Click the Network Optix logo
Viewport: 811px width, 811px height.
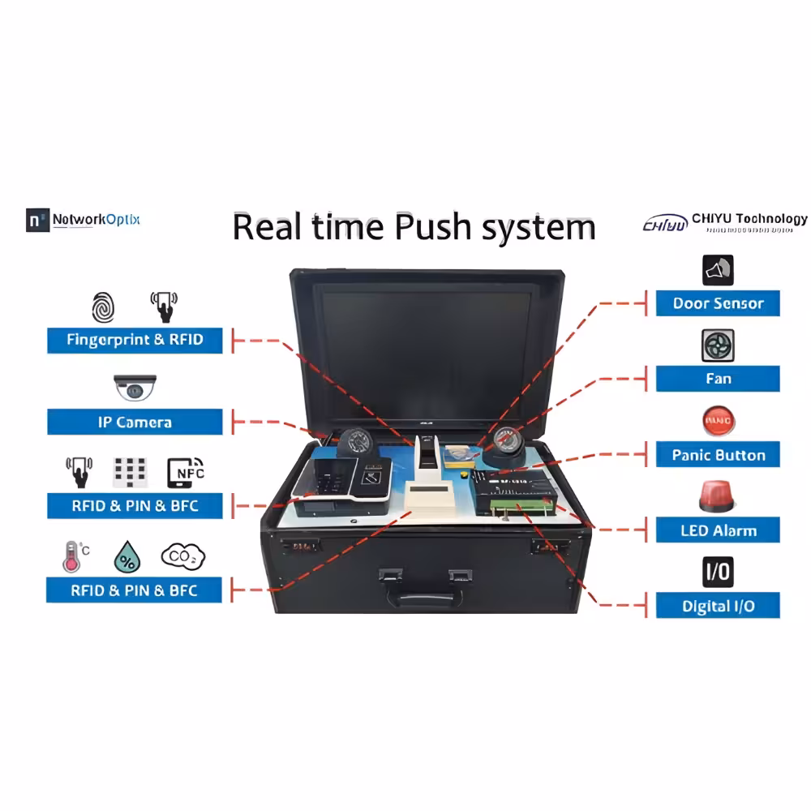[83, 220]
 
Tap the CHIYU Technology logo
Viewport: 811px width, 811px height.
[724, 221]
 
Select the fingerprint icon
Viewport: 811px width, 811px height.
[102, 309]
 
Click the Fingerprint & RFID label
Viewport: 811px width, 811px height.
[135, 340]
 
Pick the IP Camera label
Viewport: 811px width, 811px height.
[135, 423]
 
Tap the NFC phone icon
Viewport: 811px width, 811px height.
[186, 472]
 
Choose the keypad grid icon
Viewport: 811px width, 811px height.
[130, 473]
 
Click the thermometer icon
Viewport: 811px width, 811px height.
[72, 557]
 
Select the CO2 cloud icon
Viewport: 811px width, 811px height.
[183, 556]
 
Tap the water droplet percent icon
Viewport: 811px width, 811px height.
[126, 558]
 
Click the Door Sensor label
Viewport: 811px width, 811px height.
[718, 304]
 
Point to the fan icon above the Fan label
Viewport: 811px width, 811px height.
[718, 345]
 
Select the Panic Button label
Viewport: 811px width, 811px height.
[718, 455]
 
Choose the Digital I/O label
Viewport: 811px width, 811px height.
[718, 606]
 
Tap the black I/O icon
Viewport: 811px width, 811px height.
[718, 572]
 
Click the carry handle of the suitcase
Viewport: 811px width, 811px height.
[425, 599]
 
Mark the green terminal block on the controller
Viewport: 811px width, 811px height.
[523, 508]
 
